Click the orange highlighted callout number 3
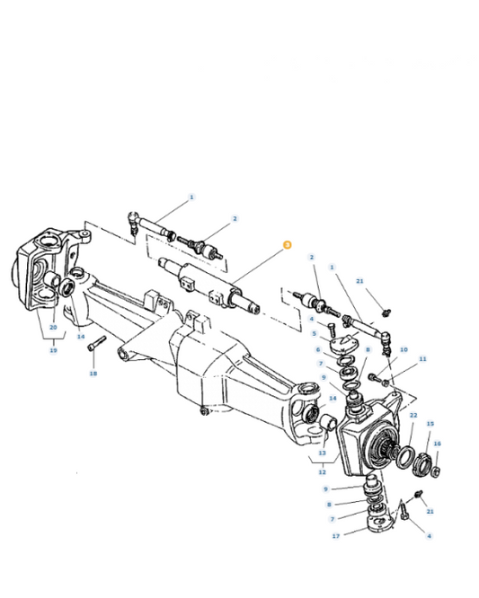pyautogui.click(x=288, y=244)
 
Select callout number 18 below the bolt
pyautogui.click(x=93, y=373)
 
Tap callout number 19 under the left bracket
pyautogui.click(x=53, y=349)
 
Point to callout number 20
pyautogui.click(x=53, y=328)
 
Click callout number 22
pyautogui.click(x=413, y=415)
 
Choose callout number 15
pyautogui.click(x=430, y=424)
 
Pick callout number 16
pyautogui.click(x=438, y=443)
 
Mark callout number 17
pyautogui.click(x=337, y=536)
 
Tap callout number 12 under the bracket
pyautogui.click(x=321, y=472)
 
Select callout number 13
pyautogui.click(x=321, y=453)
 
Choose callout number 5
pyautogui.click(x=314, y=333)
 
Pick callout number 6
pyautogui.click(x=317, y=349)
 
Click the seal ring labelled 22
pyautogui.click(x=404, y=453)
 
